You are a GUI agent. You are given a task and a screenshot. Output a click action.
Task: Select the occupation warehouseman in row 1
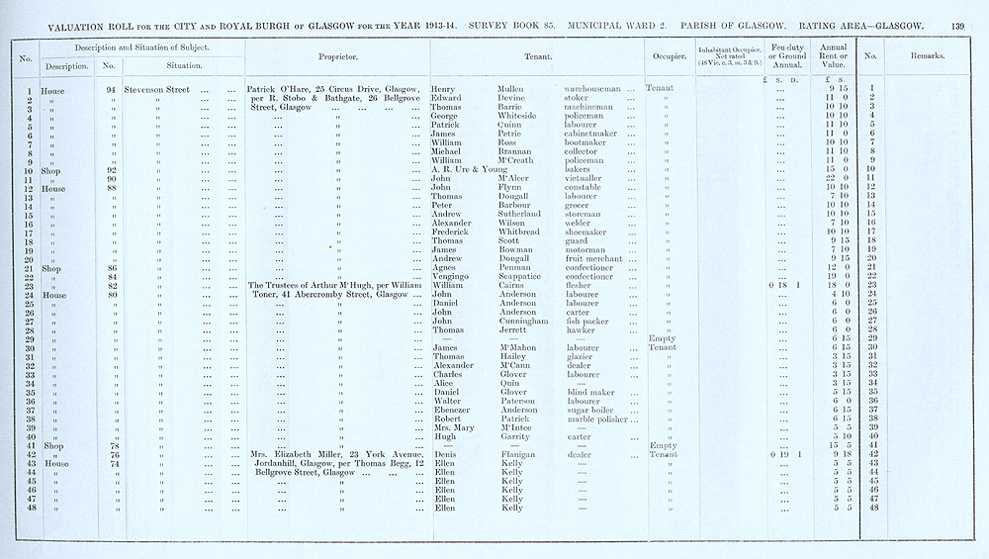(587, 88)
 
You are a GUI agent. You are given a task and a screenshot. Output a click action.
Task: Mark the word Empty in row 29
(661, 338)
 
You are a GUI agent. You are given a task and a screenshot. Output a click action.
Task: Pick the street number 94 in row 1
(110, 88)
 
